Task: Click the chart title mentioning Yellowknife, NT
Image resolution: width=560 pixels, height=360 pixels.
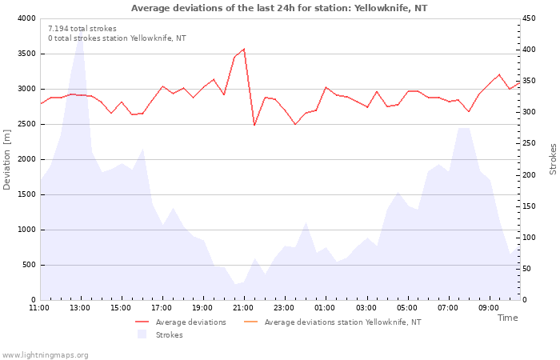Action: tap(279, 8)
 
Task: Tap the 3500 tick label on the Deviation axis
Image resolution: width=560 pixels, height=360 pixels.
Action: tap(26, 54)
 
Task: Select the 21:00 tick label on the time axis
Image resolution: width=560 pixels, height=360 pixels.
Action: tap(243, 308)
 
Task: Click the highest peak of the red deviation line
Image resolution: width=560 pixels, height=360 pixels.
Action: tap(244, 49)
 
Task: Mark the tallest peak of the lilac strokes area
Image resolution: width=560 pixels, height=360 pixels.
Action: tap(81, 30)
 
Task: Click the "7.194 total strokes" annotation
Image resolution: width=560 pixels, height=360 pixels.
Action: tap(82, 29)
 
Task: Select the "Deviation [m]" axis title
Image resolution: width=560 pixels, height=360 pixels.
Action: tap(6, 160)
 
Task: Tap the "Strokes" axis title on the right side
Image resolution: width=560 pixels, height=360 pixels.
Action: tap(553, 159)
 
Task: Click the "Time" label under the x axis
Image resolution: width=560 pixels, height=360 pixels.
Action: tap(507, 318)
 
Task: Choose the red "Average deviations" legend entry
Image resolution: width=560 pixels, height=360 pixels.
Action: tap(181, 322)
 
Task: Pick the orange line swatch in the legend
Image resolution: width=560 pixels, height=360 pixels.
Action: tap(250, 322)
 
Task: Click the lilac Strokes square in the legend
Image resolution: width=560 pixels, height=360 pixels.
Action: tap(142, 334)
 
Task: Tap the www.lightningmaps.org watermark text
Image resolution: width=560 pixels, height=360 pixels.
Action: tap(45, 355)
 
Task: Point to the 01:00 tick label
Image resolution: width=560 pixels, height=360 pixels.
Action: tap(325, 308)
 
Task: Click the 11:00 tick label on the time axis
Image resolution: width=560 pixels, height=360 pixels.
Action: tap(39, 308)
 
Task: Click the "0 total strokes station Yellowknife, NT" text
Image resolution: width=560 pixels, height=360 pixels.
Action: tap(117, 38)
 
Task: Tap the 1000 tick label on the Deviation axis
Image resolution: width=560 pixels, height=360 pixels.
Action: tap(26, 230)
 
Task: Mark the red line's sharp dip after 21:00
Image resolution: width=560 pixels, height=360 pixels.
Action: tap(254, 125)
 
